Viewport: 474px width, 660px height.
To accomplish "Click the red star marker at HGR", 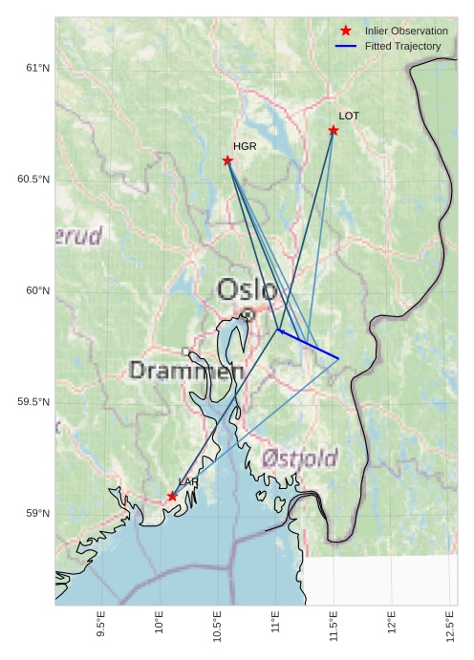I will point(227,160).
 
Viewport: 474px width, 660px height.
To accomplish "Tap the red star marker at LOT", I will point(334,130).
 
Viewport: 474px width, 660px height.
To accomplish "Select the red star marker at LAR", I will point(172,496).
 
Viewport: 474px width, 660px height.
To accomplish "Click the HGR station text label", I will point(245,146).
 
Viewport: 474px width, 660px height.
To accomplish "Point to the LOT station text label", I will point(349,116).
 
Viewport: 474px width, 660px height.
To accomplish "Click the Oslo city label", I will point(247,289).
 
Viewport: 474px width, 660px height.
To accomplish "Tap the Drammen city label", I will point(186,370).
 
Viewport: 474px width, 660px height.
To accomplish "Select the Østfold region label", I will point(300,459).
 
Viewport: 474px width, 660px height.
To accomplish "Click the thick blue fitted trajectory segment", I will point(309,344).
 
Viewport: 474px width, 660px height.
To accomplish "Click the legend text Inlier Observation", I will point(406,32).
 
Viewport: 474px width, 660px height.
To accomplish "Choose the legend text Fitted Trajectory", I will point(402,46).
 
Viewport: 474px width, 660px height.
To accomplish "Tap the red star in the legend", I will point(346,32).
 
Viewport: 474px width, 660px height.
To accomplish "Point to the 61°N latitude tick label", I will point(36,68).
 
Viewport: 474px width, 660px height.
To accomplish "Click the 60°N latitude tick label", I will point(36,290).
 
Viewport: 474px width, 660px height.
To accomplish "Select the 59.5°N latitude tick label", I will point(32,402).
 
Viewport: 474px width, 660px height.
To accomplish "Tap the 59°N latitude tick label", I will point(36,514).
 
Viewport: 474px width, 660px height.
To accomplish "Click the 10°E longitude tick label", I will point(159,627).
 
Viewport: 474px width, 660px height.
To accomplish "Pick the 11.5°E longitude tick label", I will point(334,628).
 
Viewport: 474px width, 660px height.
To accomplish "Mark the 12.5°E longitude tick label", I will point(450,628).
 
